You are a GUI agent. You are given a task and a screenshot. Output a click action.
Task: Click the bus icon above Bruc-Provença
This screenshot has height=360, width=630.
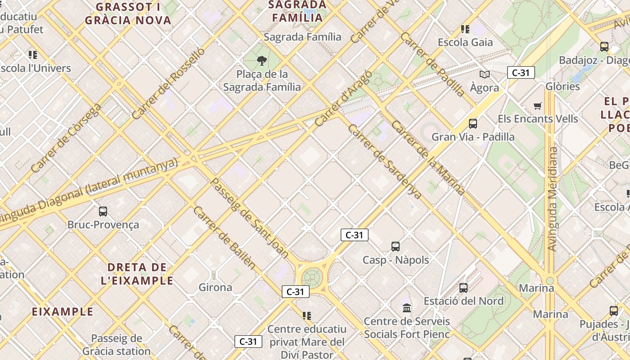pyautogui.click(x=103, y=211)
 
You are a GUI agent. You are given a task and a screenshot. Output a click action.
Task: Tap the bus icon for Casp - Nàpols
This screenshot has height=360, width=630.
pyautogui.click(x=396, y=246)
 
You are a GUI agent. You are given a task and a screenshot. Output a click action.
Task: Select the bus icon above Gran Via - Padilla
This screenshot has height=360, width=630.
pyautogui.click(x=472, y=123)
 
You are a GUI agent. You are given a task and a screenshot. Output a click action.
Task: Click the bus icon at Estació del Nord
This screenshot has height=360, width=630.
pyautogui.click(x=463, y=288)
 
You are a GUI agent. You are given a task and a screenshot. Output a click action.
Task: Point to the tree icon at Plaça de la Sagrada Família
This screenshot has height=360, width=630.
pyautogui.click(x=261, y=60)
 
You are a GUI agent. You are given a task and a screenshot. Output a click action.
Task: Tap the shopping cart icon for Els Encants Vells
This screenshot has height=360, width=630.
pyautogui.click(x=537, y=106)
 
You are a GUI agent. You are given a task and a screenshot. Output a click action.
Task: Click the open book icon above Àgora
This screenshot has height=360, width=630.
pyautogui.click(x=484, y=74)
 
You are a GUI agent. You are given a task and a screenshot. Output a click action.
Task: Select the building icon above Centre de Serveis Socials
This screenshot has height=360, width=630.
pyautogui.click(x=407, y=308)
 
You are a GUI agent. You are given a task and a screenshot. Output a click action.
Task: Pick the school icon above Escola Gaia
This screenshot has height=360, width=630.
pyautogui.click(x=465, y=29)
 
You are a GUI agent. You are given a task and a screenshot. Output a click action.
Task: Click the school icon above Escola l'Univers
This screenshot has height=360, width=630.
pyautogui.click(x=33, y=55)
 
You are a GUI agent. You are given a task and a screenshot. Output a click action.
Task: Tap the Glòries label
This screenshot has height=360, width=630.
pyautogui.click(x=562, y=86)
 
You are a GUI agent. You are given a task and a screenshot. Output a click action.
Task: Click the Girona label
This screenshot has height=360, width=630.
pyautogui.click(x=216, y=287)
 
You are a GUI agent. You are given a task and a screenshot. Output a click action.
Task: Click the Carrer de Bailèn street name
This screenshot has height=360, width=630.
pyautogui.click(x=224, y=238)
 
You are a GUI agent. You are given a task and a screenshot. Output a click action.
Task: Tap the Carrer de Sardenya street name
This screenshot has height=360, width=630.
pyautogui.click(x=384, y=162)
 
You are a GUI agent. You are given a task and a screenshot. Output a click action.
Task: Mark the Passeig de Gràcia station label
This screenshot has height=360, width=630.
pyautogui.click(x=117, y=345)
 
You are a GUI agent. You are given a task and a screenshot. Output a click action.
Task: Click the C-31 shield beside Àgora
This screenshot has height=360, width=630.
pyautogui.click(x=521, y=72)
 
